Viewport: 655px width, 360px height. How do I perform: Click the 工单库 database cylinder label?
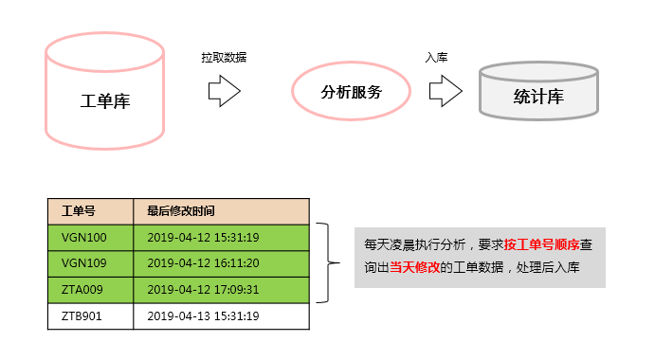coord(105,101)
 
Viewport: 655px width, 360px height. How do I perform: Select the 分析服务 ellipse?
coord(351,93)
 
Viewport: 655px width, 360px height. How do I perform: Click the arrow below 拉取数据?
coord(224,91)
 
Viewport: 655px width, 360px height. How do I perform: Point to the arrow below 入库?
coord(445,91)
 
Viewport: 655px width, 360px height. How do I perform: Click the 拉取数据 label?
coord(224,57)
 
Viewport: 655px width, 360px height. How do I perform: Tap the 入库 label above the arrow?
coord(436,57)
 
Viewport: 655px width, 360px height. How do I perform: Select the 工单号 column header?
coord(79,210)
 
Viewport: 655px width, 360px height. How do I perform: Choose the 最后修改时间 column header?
coord(180,210)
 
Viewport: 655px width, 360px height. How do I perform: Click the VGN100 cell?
coord(84,237)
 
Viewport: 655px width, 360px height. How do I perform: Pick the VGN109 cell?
coord(84,263)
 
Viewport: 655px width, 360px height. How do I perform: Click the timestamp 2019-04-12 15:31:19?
coord(203,237)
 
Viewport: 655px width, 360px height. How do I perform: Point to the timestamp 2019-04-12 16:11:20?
coord(203,263)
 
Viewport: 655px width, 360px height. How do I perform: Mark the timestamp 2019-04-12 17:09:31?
coord(203,289)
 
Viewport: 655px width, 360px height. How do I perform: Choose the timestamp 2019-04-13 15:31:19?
coord(203,315)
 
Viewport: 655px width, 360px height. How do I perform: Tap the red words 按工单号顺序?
coord(542,244)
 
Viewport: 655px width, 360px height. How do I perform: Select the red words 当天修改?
coord(414,268)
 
